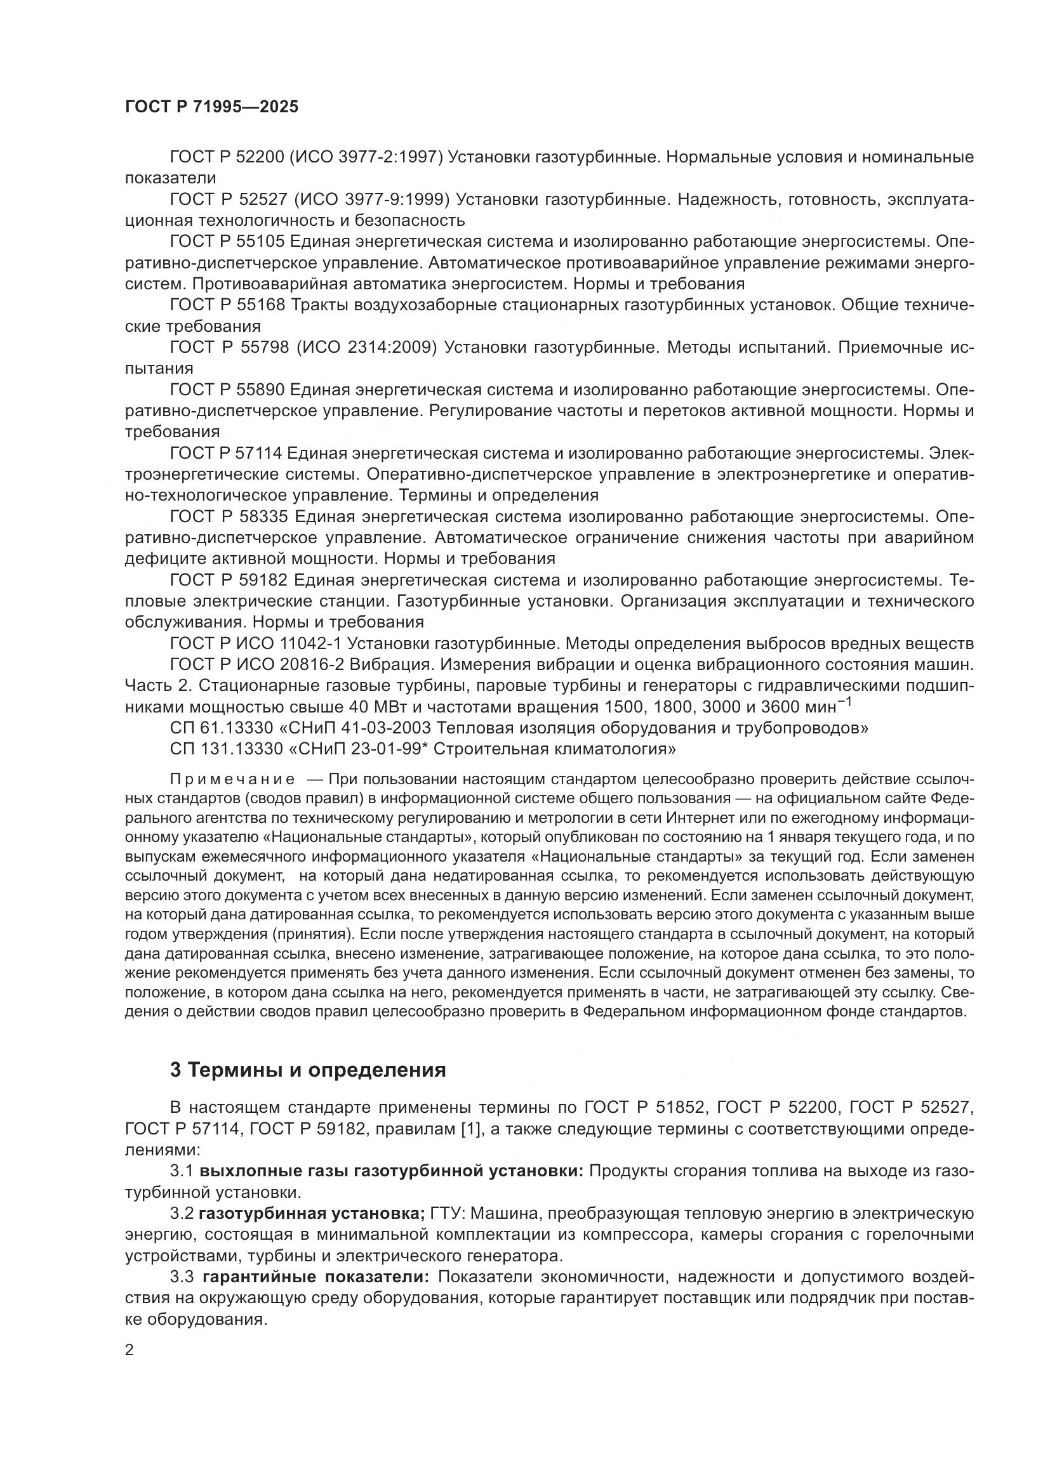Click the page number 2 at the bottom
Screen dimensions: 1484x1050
[130, 1350]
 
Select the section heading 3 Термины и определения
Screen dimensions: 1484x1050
[308, 1070]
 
